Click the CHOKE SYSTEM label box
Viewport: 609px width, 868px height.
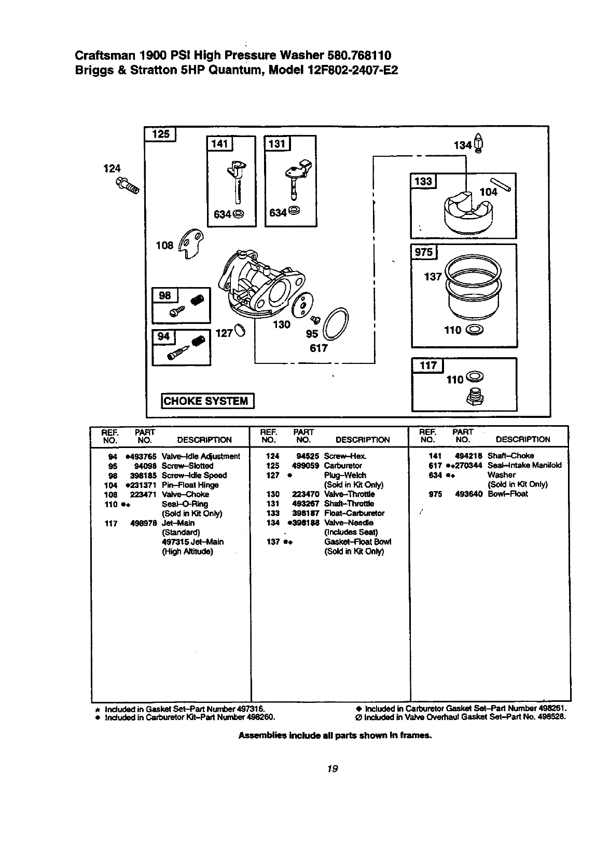207,401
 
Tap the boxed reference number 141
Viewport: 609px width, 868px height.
220,143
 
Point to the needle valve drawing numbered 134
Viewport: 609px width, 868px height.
479,145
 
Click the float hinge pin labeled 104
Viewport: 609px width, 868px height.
503,183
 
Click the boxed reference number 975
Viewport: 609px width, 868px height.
424,252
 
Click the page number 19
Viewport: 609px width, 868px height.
333,769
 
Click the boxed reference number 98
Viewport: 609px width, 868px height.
165,295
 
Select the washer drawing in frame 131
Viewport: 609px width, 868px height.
294,211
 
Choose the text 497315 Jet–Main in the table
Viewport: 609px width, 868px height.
192,542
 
